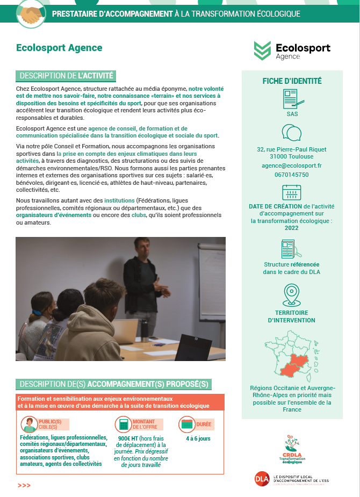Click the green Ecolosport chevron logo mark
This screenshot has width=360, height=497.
pyautogui.click(x=263, y=51)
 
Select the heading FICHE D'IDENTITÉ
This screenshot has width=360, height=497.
pyautogui.click(x=292, y=81)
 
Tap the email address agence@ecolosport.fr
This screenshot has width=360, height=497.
pyautogui.click(x=292, y=166)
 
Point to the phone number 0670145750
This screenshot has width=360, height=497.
pyautogui.click(x=292, y=175)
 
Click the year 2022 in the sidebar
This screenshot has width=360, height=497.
pyautogui.click(x=292, y=228)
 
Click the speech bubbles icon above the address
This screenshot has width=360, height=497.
pyautogui.click(x=292, y=133)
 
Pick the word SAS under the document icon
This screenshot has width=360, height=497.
pyautogui.click(x=292, y=114)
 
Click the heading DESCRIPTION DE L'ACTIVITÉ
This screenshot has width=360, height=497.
pyautogui.click(x=67, y=76)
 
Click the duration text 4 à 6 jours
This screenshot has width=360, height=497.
pyautogui.click(x=198, y=438)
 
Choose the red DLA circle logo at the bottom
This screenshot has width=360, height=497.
pyautogui.click(x=262, y=478)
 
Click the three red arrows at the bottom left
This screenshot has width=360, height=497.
pyautogui.click(x=24, y=485)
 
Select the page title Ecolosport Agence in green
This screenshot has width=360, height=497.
pyautogui.click(x=59, y=48)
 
